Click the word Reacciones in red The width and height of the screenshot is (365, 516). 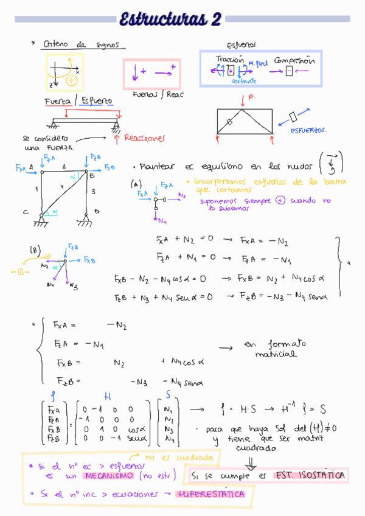pos(144,138)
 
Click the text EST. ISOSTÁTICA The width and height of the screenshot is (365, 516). pos(310,475)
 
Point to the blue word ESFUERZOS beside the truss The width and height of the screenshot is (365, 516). pos(308,130)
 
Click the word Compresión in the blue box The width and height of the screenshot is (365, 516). pos(294,61)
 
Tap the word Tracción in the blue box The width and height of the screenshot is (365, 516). pos(229,60)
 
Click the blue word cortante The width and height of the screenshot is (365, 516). pos(244,80)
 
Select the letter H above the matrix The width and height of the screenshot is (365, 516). pos(108,396)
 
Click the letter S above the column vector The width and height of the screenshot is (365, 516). pos(168,396)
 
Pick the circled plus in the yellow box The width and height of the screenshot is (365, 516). pos(72,80)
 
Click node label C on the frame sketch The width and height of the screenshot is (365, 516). pos(26,212)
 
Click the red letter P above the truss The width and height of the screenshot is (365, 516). pos(252,97)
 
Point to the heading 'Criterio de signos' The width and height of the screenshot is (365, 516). pos(85,45)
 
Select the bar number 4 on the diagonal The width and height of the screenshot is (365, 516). pos(61,186)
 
